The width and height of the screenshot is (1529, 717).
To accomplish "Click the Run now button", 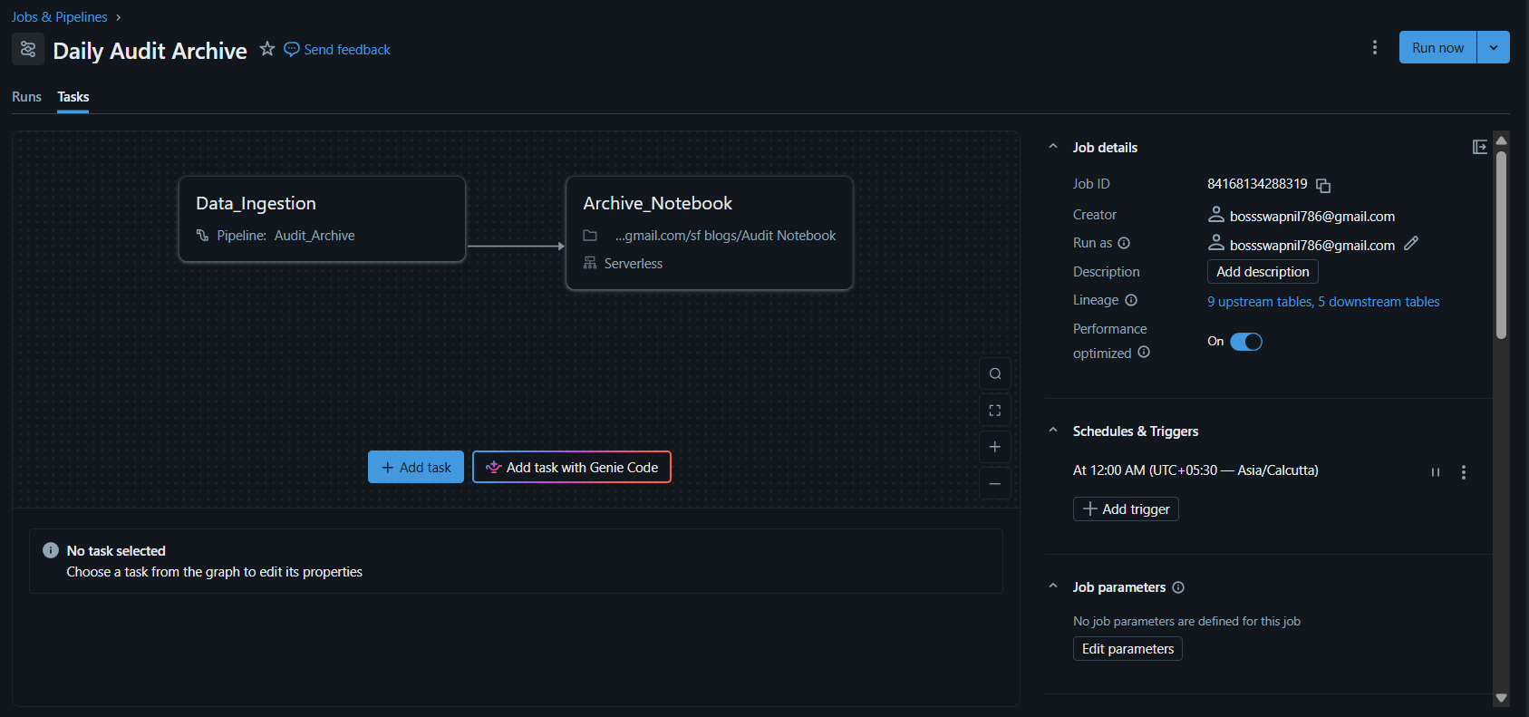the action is [1437, 48].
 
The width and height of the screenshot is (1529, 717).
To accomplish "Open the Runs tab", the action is [26, 97].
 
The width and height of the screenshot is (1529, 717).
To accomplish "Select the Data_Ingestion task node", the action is [322, 219].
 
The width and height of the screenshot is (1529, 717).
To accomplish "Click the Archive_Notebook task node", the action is [709, 233].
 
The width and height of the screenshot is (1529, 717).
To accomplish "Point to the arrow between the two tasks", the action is [516, 246].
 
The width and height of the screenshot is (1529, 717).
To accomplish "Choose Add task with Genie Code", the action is [571, 467].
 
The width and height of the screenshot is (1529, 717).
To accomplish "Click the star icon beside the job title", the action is [266, 49].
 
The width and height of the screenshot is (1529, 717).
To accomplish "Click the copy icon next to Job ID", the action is [1323, 185].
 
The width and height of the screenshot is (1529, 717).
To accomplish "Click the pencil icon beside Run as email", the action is [1411, 244].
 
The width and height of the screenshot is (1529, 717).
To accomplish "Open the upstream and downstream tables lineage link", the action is [1323, 302].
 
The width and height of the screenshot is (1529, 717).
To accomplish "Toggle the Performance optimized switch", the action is [1245, 342].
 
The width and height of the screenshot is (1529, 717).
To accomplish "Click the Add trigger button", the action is [1126, 509].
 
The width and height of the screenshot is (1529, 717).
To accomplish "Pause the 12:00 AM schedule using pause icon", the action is [1436, 472].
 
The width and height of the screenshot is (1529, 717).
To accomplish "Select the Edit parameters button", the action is [1127, 649].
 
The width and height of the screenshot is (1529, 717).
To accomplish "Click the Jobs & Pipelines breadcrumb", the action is [60, 17].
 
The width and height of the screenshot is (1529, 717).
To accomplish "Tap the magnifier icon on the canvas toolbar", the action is [995, 373].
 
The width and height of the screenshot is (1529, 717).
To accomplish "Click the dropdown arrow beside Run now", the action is [1494, 48].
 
